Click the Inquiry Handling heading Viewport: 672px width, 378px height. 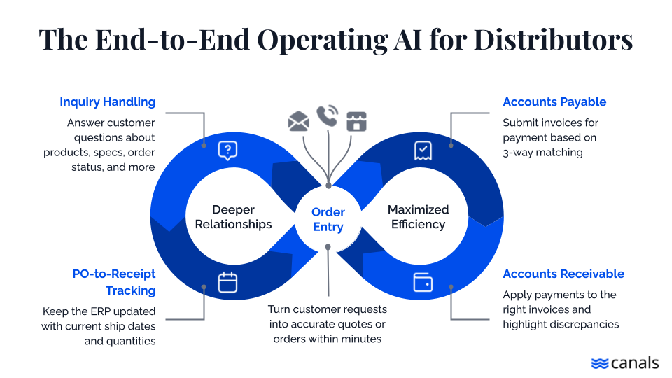[107, 102]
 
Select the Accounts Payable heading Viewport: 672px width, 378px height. [554, 102]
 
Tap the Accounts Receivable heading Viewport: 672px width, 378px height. [563, 274]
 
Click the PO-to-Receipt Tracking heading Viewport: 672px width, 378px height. [114, 282]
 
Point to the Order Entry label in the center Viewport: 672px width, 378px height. [328, 219]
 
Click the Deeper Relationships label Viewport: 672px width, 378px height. [233, 217]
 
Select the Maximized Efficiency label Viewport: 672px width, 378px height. [418, 217]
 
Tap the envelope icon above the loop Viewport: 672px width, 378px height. [299, 122]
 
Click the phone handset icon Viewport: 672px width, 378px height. [327, 115]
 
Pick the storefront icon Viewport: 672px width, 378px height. [357, 122]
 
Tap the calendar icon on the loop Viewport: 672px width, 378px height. [227, 282]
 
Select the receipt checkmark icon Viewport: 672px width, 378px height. [423, 150]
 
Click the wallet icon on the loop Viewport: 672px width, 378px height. [423, 282]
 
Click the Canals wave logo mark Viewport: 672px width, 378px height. [600, 363]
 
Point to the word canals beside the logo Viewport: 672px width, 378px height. [634, 363]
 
